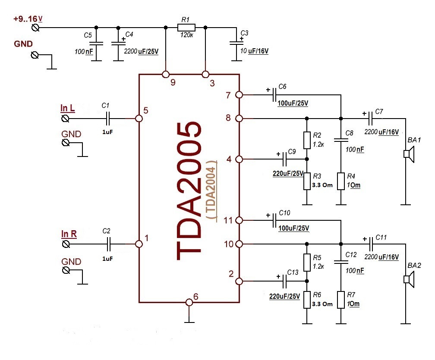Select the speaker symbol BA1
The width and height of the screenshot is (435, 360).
pyautogui.click(x=408, y=154)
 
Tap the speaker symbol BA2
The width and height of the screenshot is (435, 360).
pyautogui.click(x=408, y=279)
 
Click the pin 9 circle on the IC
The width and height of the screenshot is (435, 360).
pyautogui.click(x=165, y=75)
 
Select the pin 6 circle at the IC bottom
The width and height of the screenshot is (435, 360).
pyautogui.click(x=189, y=302)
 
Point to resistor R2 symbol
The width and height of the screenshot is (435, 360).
pyautogui.click(x=307, y=139)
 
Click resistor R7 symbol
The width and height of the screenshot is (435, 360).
pyautogui.click(x=341, y=300)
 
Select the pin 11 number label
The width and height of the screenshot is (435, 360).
pyautogui.click(x=228, y=220)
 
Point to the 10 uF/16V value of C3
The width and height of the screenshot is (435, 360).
pyautogui.click(x=255, y=51)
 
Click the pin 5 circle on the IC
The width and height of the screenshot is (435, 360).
pyautogui.click(x=139, y=118)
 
